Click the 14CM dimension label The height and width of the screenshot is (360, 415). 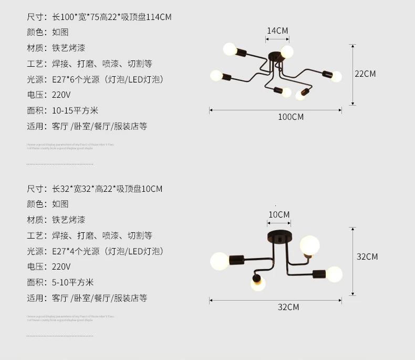coord(277,30)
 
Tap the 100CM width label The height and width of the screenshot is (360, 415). coord(290,117)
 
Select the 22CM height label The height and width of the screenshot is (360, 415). coord(365,74)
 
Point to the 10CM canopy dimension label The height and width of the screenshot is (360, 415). coord(279,214)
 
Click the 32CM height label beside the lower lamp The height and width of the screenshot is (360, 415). coord(367,256)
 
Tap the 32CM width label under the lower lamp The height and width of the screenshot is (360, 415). coord(288,307)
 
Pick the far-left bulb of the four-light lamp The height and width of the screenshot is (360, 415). coord(220,261)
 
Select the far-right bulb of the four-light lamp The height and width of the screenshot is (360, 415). coord(334,274)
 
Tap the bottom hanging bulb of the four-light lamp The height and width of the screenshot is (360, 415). coord(257,284)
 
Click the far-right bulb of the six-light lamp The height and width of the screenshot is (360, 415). coord(336,77)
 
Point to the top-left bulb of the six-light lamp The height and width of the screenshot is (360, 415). coord(230,49)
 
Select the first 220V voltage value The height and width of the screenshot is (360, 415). coord(61,95)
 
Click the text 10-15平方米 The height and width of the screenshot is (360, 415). coord(75,111)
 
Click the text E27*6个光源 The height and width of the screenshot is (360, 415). coord(76,79)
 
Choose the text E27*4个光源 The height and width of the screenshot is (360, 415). coord(76,251)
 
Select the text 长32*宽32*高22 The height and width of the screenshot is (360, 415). coord(84,189)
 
